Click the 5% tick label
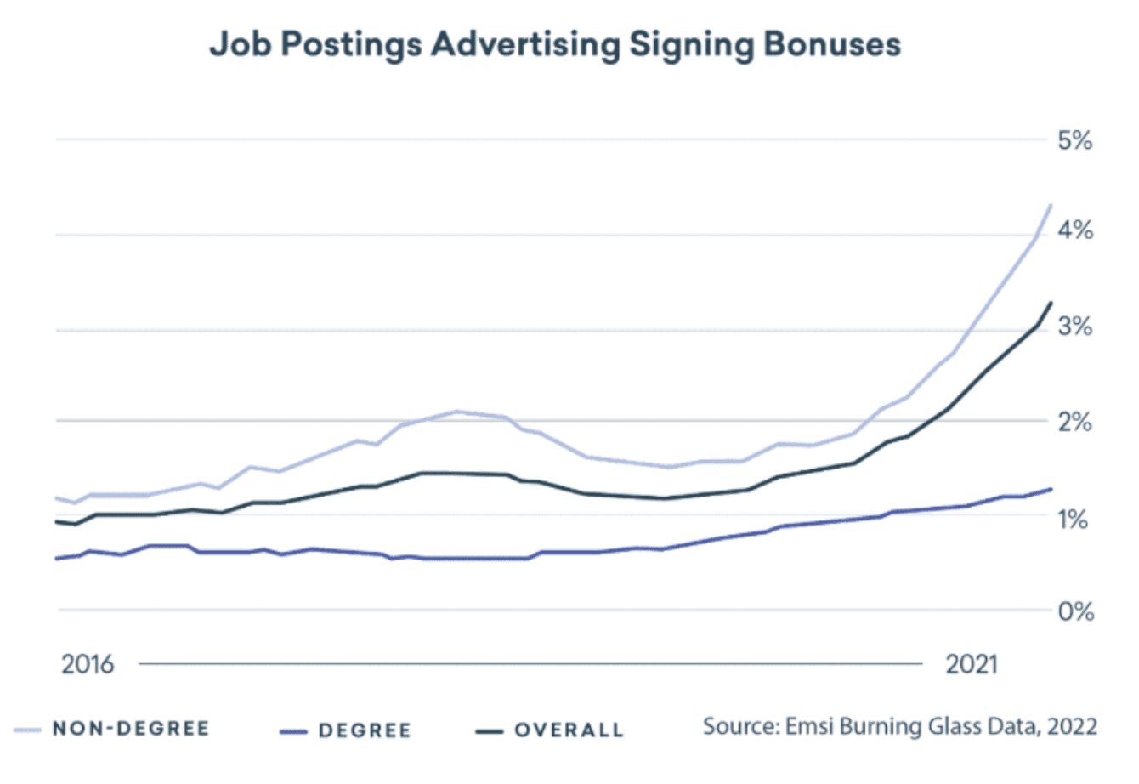1075,139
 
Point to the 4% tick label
1075,231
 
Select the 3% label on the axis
1075,327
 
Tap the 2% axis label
1075,422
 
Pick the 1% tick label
1075,517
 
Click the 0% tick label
1075,611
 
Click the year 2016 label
88,663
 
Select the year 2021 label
972,663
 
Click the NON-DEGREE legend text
131,729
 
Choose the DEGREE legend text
365,730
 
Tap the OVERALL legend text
569,730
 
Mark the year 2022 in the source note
1072,727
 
